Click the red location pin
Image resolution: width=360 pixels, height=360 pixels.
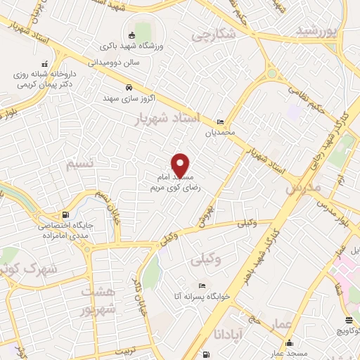click(x=181, y=165)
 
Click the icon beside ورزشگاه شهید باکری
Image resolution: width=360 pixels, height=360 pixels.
click(x=131, y=35)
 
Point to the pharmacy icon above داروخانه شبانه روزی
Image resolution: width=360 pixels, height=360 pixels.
click(x=46, y=63)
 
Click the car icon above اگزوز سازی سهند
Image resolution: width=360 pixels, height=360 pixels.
click(x=129, y=88)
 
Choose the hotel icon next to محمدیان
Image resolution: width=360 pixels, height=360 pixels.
click(x=221, y=121)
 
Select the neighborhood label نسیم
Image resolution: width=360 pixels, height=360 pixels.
click(x=79, y=165)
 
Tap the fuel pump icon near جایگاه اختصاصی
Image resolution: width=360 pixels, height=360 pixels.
click(x=66, y=214)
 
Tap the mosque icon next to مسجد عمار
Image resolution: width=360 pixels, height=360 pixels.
click(x=290, y=342)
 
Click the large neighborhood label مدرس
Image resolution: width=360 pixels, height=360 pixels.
click(x=304, y=188)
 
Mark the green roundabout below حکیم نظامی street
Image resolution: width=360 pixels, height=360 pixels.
click(x=271, y=72)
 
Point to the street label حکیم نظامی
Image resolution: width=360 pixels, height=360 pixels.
click(x=309, y=97)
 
